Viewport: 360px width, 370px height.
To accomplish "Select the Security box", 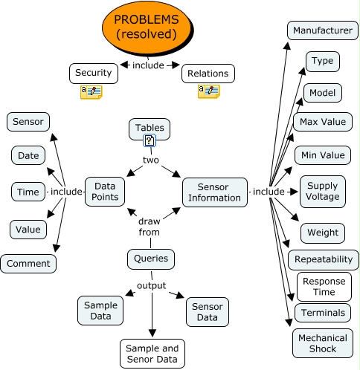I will [94, 73].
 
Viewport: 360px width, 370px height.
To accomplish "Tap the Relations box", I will [208, 73].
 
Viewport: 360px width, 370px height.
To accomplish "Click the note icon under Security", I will [91, 91].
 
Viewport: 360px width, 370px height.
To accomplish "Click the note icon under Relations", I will [208, 91].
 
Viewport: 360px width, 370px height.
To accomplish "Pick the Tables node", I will [150, 128].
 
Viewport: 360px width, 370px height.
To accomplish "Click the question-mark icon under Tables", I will [150, 140].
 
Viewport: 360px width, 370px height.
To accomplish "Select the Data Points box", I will [104, 192].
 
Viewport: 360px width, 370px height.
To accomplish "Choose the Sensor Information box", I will [214, 192].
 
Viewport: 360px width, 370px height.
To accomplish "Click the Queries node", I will [151, 259].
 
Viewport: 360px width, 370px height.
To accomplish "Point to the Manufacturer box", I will [321, 30].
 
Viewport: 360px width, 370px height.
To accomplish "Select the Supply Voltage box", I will [322, 191].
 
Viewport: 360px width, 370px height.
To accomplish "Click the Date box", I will [28, 155].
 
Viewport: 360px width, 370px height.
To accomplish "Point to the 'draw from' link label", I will [150, 227].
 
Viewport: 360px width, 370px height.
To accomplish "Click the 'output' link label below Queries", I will [150, 285].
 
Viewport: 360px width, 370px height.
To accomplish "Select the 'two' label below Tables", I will [151, 160].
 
